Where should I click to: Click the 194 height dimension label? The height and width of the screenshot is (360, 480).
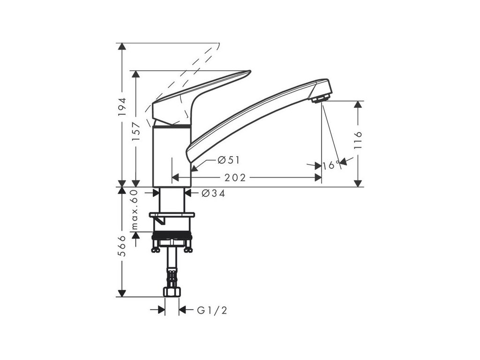tap(122, 106)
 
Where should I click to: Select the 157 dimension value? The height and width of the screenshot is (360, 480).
tap(135, 132)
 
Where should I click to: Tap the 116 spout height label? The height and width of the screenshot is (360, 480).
tap(358, 140)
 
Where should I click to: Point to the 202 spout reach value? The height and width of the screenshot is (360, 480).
tap(235, 178)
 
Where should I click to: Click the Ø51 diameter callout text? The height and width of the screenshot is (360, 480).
tap(229, 160)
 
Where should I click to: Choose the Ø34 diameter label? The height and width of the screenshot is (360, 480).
tap(213, 193)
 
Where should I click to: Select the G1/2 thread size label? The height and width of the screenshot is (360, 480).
tap(212, 310)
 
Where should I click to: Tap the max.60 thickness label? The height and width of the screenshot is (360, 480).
tap(135, 210)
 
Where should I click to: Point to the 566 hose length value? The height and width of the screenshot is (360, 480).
tap(122, 246)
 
